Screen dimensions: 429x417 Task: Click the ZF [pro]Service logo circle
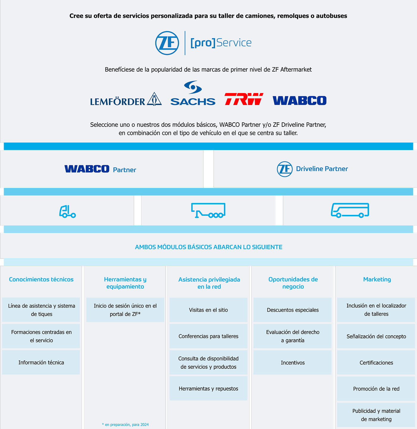coord(167,43)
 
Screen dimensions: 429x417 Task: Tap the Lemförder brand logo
coord(126,100)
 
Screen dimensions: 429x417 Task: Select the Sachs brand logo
coord(193,94)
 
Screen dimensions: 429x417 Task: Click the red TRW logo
coord(244,99)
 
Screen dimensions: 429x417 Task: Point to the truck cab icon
coord(67,211)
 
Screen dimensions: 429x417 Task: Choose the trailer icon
coord(208,210)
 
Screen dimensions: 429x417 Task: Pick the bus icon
coord(350,210)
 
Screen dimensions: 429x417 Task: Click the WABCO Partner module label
coord(100,169)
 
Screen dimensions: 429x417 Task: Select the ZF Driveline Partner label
coord(312,169)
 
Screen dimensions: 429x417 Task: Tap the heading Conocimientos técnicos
coord(41,280)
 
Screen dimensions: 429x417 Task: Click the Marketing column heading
coord(377,280)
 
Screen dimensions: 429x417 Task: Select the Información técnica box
coord(41,362)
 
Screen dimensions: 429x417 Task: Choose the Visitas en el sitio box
coord(208,310)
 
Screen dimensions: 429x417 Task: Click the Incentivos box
coord(292,363)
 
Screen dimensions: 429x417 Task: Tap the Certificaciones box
coord(376,363)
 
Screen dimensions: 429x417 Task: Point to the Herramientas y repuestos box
coord(208,388)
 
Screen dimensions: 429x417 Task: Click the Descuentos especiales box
coord(292,310)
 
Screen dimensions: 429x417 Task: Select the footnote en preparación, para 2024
coord(125,425)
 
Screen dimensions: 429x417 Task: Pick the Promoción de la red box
coord(376,389)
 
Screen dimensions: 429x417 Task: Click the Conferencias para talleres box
coord(208,336)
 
